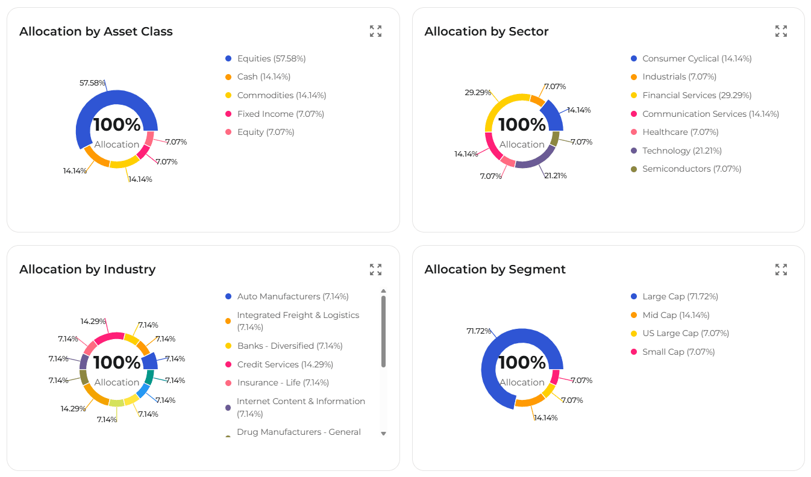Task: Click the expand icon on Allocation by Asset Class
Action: click(x=375, y=31)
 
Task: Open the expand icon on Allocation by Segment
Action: click(x=781, y=269)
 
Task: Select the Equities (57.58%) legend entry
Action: click(x=271, y=58)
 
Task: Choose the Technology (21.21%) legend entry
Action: click(x=681, y=151)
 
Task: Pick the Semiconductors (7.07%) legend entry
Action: click(x=691, y=169)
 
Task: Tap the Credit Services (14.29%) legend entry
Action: click(x=284, y=364)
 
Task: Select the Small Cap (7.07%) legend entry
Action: click(x=678, y=352)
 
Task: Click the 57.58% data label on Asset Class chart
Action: click(x=92, y=83)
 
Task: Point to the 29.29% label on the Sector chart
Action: click(x=477, y=93)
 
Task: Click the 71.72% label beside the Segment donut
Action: click(x=479, y=331)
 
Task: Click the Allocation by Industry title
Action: click(x=87, y=269)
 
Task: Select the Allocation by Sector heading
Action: click(x=486, y=31)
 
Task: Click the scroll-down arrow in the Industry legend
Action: click(x=383, y=434)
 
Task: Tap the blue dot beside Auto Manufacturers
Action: click(x=228, y=296)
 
